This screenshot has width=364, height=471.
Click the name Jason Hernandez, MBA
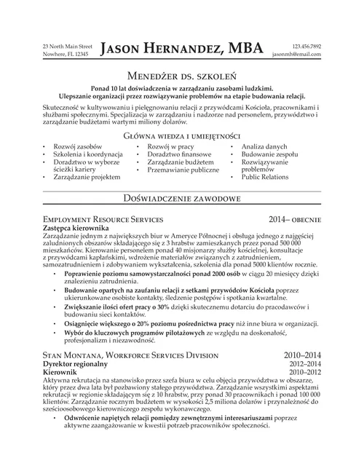pyautogui.click(x=181, y=49)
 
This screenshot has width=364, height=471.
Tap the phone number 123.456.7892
pyautogui.click(x=306, y=46)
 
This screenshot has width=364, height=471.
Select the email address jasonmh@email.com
pyautogui.click(x=296, y=55)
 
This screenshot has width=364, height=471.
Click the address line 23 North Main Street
pyautogui.click(x=68, y=46)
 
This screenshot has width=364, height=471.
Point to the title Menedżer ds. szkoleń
pyautogui.click(x=181, y=76)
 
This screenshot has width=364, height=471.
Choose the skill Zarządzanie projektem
pyautogui.click(x=86, y=177)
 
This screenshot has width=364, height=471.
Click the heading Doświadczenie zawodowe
pyautogui.click(x=181, y=198)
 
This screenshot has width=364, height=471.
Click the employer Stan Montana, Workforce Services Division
pyautogui.click(x=130, y=355)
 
